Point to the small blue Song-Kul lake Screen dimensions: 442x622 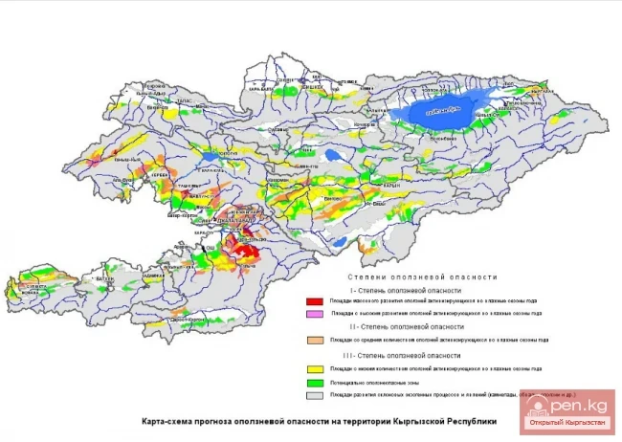(333, 153)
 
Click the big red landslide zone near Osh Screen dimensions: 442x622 (243, 251)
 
